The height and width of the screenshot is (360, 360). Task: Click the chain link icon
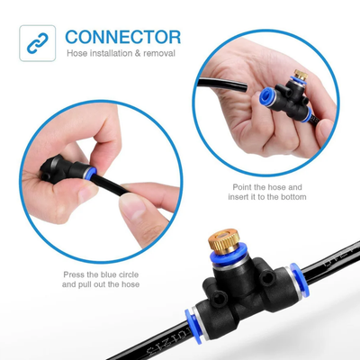[x=38, y=43]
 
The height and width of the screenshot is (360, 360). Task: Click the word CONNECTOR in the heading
[x=123, y=37]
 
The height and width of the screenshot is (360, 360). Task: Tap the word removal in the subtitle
[x=159, y=53]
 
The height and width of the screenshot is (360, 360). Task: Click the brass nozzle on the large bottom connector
[x=222, y=242]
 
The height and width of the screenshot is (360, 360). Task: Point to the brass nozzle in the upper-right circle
[x=301, y=75]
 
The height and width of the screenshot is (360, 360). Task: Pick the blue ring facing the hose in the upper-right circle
[x=268, y=97]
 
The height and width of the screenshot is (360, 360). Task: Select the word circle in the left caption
[x=128, y=274]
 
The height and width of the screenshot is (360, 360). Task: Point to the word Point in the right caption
[x=242, y=187]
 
